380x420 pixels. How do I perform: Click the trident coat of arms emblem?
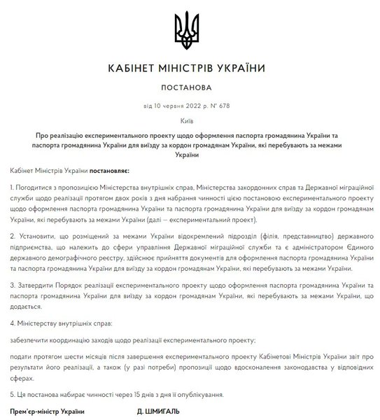point(190,27)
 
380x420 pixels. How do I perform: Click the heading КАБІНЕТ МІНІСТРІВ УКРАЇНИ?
point(190,68)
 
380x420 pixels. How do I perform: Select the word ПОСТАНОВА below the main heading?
point(190,89)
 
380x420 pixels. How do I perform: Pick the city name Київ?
point(190,120)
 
